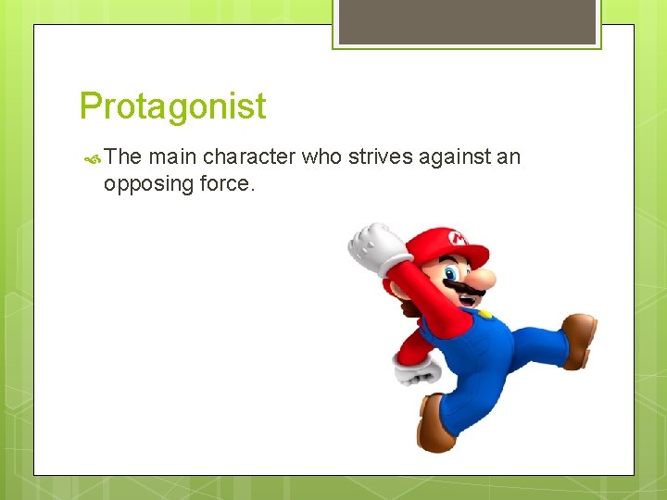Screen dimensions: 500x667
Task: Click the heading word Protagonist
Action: click(172, 106)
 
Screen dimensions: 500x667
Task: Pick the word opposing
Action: click(149, 183)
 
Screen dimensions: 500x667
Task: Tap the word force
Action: click(226, 183)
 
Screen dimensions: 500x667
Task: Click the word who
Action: click(322, 157)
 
